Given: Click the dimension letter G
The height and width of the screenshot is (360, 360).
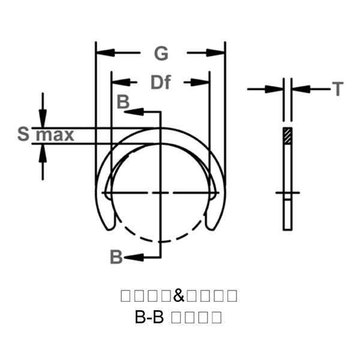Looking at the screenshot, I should [160, 54].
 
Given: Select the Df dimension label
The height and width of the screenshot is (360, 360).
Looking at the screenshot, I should [160, 82].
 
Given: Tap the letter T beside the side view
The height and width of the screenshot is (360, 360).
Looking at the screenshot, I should [338, 90].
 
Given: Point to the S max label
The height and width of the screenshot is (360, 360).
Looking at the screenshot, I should [46, 134].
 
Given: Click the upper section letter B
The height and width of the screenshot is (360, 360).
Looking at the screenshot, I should [122, 102].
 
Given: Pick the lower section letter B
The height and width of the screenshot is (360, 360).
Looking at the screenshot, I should [116, 257].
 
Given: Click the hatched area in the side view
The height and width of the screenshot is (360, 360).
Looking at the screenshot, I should [288, 136].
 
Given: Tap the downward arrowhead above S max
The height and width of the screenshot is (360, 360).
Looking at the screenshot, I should [42, 119].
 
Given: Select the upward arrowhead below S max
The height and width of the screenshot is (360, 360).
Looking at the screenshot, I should [42, 151].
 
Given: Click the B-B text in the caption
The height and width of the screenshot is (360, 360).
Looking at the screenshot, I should [149, 317].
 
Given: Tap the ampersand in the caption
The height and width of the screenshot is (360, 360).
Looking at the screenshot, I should [179, 296].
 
